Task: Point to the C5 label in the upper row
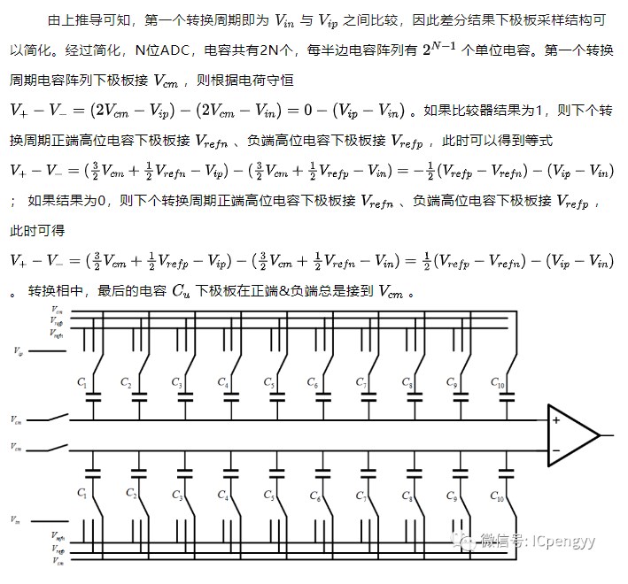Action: (x=269, y=383)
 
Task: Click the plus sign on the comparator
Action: (x=556, y=420)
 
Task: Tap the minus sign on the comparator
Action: (x=556, y=450)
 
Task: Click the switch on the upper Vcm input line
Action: (x=61, y=418)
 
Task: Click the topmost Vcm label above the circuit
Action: (x=58, y=311)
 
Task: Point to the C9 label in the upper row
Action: (x=454, y=383)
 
